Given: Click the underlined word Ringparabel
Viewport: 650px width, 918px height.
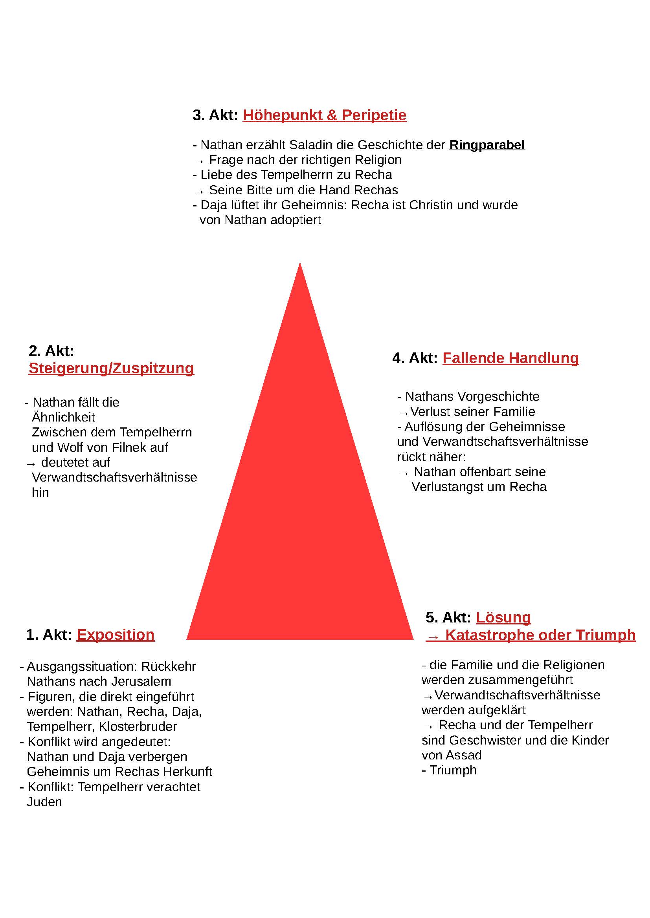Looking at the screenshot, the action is [487, 145].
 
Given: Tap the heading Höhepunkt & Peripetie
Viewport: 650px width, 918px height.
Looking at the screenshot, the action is [325, 115].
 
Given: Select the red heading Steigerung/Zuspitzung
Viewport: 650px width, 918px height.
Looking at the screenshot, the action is [111, 368].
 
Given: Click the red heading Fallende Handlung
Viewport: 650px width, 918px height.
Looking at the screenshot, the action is [510, 358].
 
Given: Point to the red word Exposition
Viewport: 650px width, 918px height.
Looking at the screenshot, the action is [115, 635].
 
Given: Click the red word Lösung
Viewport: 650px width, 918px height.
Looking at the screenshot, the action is [503, 617].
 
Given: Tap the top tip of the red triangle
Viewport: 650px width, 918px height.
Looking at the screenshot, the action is [300, 263].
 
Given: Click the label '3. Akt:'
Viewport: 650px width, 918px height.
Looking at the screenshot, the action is [215, 115].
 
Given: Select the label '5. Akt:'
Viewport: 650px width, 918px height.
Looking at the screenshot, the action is [448, 617].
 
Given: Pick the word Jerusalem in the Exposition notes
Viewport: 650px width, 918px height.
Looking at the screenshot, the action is [139, 681].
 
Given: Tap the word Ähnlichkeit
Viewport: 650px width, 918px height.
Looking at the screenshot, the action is [63, 417].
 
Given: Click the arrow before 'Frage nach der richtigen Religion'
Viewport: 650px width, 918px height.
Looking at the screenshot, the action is [199, 161].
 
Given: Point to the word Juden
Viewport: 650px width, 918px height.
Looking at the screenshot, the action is [44, 802].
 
